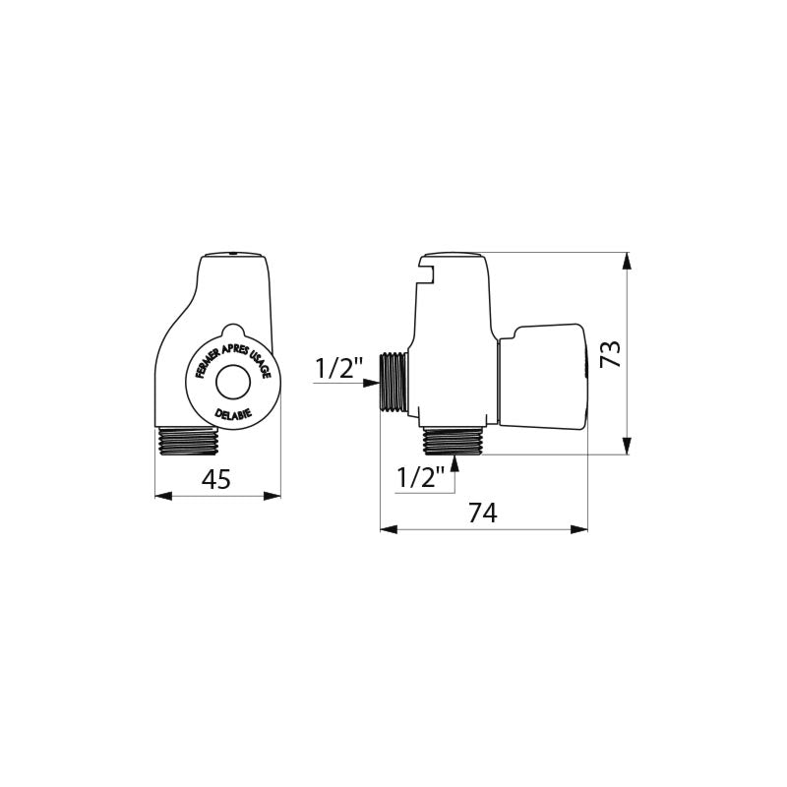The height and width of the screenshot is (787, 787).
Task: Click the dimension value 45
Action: pyautogui.click(x=215, y=479)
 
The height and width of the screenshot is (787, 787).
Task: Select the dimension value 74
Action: pyautogui.click(x=483, y=513)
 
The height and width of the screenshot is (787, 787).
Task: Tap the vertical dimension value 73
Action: pyautogui.click(x=611, y=354)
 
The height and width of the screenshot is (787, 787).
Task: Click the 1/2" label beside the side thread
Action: pyautogui.click(x=338, y=368)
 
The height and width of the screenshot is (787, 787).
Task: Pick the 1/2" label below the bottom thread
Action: pyautogui.click(x=421, y=477)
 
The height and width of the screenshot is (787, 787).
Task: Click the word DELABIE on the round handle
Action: pyautogui.click(x=233, y=414)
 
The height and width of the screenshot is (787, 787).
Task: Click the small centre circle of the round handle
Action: pyautogui.click(x=233, y=383)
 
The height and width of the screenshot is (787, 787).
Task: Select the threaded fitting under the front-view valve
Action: pyautogui.click(x=188, y=441)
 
